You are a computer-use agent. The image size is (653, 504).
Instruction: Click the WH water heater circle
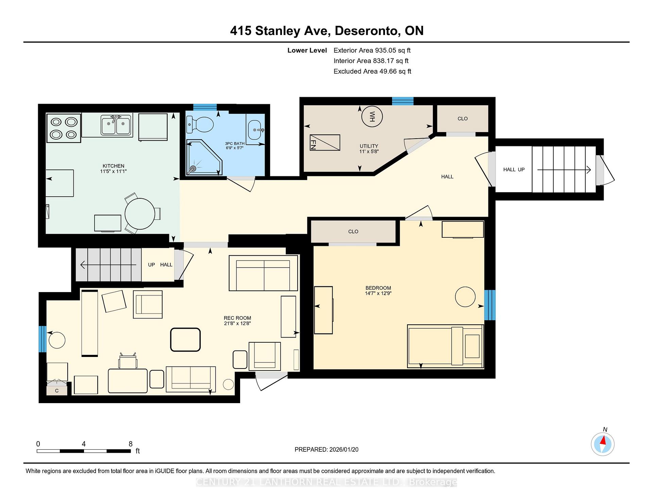coord(372,116)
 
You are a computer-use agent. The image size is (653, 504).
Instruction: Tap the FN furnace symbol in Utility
coord(325,143)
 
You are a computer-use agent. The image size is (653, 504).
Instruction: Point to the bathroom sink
coord(255,130)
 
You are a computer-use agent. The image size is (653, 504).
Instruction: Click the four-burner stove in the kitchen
coord(63,128)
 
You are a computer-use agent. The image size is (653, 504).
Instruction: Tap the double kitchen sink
coord(116,125)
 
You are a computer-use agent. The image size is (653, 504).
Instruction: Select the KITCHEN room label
coord(113,166)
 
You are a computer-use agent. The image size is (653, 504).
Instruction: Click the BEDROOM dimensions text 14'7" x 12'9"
coord(378,293)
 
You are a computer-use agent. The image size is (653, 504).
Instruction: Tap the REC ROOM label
coord(237,318)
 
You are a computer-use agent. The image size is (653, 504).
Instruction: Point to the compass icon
coord(603,444)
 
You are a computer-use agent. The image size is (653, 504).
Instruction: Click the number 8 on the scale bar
coord(131,444)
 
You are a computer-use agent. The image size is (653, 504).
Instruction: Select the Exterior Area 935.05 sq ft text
coord(372,50)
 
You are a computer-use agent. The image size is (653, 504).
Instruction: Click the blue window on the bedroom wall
coord(490,305)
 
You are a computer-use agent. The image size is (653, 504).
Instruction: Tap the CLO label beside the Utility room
coord(463,119)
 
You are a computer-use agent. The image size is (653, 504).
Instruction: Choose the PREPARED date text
coord(326,449)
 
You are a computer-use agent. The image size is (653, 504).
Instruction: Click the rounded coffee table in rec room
coord(185,339)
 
